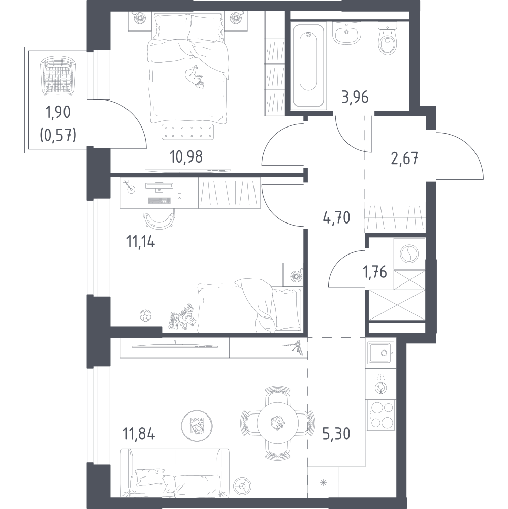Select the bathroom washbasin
tap(347, 33)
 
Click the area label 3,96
tap(355, 97)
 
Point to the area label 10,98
tap(186, 157)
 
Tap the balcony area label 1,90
tap(58, 112)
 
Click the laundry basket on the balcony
tap(56, 76)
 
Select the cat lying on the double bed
tap(195, 77)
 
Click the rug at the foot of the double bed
tap(187, 132)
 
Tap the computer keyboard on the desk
tap(159, 201)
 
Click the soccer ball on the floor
tap(146, 315)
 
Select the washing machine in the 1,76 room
tap(409, 254)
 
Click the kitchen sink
tap(381, 353)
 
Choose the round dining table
tap(277, 423)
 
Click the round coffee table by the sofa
tap(196, 424)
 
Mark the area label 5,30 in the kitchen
tap(336, 434)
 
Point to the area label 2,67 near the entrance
tap(404, 158)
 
